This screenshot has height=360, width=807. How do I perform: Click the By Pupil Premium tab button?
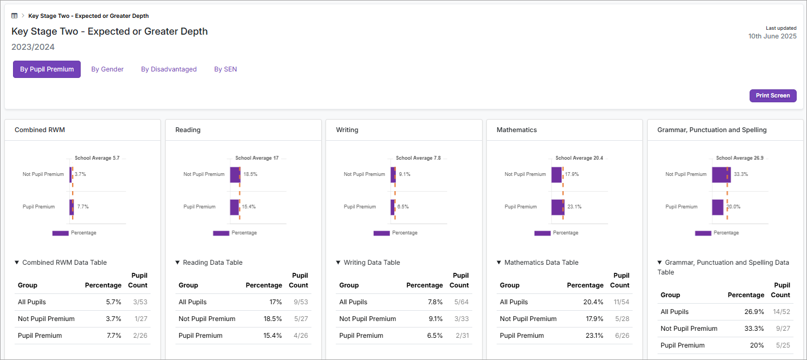pos(47,69)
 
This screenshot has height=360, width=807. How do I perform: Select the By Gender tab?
pos(107,69)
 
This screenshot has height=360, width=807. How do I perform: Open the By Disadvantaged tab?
pos(168,69)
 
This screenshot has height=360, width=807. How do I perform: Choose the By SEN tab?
pos(225,69)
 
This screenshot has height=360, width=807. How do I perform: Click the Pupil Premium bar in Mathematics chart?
pos(557,207)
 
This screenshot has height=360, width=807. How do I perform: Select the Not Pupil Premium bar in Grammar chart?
pos(721,174)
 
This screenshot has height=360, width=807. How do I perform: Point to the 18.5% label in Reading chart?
pos(250,174)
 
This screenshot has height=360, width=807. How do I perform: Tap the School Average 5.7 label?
pos(97,158)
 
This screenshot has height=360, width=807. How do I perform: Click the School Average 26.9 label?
pos(739,158)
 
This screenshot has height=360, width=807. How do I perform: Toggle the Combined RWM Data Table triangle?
pos(17,263)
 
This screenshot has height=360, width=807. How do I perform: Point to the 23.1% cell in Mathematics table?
pos(593,336)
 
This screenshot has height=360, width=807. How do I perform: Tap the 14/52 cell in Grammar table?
pos(782,312)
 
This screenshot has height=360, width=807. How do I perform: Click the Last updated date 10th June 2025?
pos(772,36)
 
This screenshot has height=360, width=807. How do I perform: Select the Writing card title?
pos(347,130)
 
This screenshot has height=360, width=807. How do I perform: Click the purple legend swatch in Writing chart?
pos(381,233)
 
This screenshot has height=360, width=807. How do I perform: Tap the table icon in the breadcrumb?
pos(15,16)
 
